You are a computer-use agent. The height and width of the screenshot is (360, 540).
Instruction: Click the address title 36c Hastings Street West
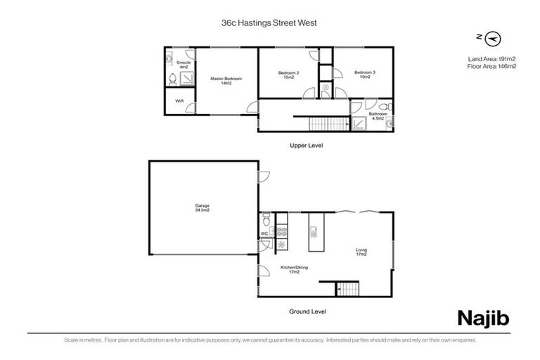click(269, 22)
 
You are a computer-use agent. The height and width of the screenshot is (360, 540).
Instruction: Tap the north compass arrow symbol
click(492, 37)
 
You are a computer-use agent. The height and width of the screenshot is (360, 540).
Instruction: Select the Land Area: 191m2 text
click(491, 58)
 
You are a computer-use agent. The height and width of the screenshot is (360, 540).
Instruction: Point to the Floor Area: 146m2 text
click(491, 66)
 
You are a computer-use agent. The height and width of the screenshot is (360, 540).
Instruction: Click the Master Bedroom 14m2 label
click(226, 81)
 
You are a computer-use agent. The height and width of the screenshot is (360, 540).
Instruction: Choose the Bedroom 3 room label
click(365, 75)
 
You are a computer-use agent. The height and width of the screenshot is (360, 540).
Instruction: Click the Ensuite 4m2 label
click(184, 64)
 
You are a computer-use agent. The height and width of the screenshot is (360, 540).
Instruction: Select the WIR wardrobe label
click(179, 101)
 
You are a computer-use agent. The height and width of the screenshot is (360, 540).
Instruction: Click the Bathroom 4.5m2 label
click(378, 116)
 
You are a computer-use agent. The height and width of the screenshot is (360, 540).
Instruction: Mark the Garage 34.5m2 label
click(202, 208)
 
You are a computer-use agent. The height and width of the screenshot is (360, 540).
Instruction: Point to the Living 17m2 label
click(361, 252)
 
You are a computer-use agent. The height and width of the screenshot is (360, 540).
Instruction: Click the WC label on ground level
click(264, 233)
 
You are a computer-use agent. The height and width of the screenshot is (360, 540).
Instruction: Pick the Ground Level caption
click(308, 311)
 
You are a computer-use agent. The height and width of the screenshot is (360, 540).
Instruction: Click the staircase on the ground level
click(347, 289)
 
